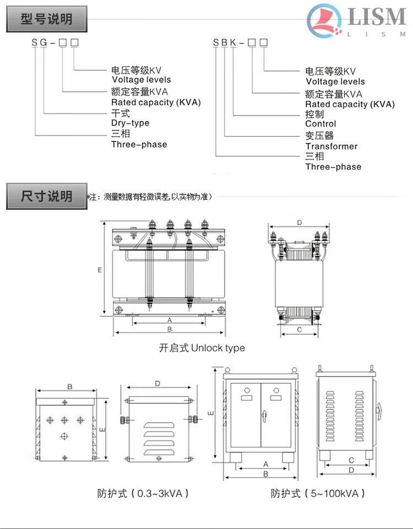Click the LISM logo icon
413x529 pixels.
click(325, 21)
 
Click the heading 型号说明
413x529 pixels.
click(47, 19)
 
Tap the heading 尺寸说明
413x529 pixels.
click(47, 197)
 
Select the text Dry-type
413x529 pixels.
click(130, 123)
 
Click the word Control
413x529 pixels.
click(320, 124)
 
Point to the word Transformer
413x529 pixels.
click(332, 146)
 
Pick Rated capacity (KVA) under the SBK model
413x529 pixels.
click(350, 104)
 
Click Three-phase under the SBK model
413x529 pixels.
click(333, 167)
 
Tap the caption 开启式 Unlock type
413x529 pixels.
click(202, 348)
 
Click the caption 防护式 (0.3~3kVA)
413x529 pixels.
click(143, 493)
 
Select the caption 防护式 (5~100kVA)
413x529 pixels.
click(318, 493)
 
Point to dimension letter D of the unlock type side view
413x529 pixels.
click(299, 223)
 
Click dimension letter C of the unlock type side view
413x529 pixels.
click(299, 330)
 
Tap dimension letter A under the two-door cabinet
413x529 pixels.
click(265, 464)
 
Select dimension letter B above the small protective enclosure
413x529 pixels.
click(70, 387)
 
